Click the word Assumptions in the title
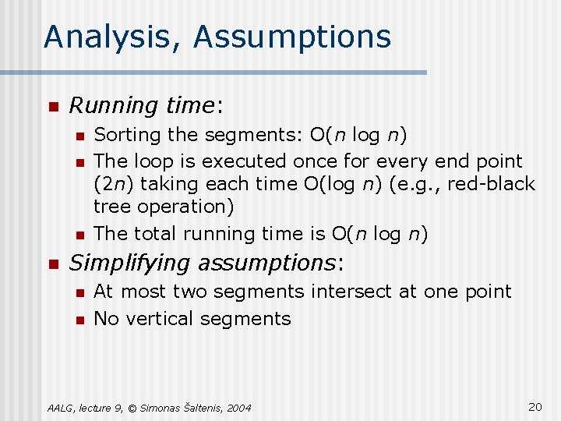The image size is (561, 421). coord(292,37)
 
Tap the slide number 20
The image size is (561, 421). coord(535,406)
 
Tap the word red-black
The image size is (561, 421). coord(496,184)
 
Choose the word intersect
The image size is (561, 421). coord(346,292)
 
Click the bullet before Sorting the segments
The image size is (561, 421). coord(78,136)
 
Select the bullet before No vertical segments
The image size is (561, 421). coord(78,319)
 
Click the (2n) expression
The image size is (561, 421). coord(110,184)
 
